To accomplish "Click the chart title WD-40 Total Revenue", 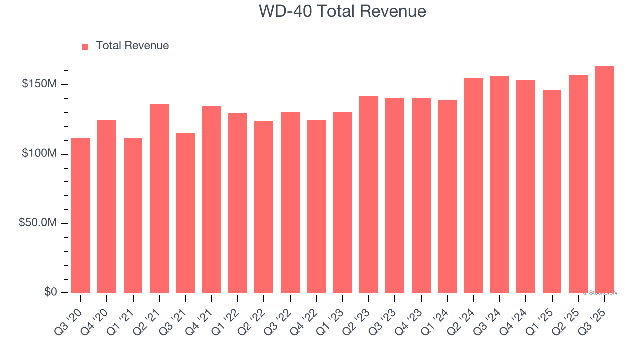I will point(342,11).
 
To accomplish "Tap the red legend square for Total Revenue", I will point(85,46).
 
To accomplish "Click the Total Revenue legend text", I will point(132,46).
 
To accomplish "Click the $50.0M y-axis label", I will point(37,223).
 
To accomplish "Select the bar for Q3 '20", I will point(81,215).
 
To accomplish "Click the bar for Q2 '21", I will point(159,198).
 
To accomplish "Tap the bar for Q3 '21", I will point(185,213).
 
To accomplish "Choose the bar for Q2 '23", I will point(369,194).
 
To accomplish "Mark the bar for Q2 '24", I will point(473,185).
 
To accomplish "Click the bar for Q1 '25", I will point(552,191).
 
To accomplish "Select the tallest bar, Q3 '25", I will point(604,179).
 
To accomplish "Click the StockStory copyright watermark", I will point(600,293).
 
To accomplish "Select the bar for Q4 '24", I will point(526,186).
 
